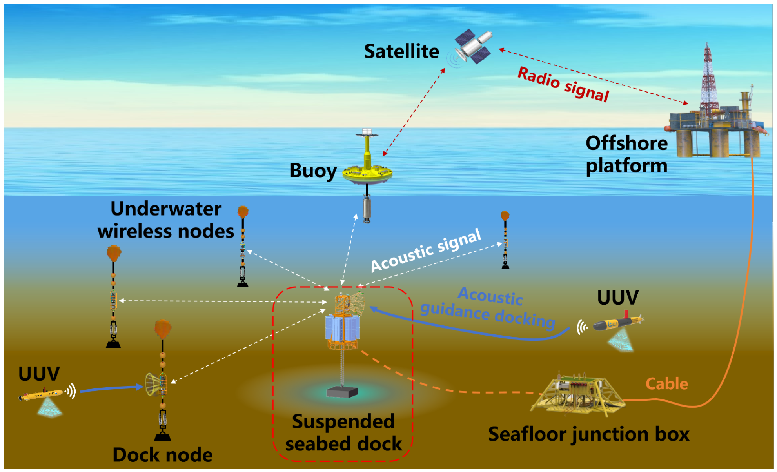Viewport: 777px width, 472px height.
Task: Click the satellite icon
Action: [x=473, y=47]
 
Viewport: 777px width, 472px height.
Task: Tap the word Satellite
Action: [x=401, y=51]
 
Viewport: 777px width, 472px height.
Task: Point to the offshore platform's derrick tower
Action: [x=708, y=78]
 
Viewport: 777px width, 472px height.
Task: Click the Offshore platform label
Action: [x=626, y=154]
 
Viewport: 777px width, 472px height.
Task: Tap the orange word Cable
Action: [x=666, y=384]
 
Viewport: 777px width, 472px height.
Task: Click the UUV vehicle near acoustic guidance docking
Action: [x=617, y=323]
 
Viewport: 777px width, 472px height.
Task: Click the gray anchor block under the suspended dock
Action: [x=342, y=392]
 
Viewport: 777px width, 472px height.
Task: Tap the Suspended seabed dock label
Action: [x=343, y=433]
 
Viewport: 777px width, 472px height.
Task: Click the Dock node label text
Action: [x=162, y=455]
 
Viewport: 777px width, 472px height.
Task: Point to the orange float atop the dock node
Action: [x=163, y=328]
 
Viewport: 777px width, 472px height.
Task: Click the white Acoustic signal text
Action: [x=426, y=251]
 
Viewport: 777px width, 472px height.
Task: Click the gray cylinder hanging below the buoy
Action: [x=367, y=209]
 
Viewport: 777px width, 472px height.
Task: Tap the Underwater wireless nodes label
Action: [x=166, y=220]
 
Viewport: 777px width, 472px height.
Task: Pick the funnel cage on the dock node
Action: [x=153, y=385]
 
